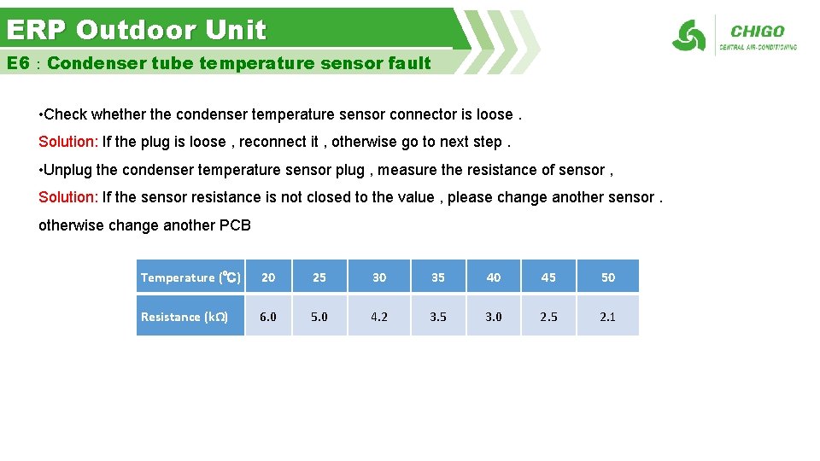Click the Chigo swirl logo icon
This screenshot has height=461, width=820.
688,36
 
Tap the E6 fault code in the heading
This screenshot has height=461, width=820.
18,63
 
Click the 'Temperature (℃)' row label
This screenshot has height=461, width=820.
190,277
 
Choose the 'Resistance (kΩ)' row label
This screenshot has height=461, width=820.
184,317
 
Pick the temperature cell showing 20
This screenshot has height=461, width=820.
268,277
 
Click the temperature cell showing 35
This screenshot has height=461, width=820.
438,277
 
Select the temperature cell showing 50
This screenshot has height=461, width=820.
607,277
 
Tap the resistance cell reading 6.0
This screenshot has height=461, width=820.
268,317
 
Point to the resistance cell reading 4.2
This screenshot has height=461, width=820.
379,317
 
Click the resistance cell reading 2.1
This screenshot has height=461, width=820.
607,317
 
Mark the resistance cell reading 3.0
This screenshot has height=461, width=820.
494,317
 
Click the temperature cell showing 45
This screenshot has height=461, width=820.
548,277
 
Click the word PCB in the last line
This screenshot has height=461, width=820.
235,225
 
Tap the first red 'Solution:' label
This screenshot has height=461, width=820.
68,142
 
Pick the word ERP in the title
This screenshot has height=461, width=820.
38,30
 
